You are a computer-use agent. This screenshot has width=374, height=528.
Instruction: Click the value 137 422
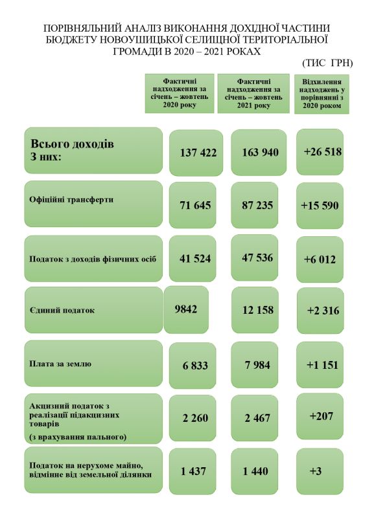pos(198,153)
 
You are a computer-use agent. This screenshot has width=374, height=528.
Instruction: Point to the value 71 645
pos(196,205)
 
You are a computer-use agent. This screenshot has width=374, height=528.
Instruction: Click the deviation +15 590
pos(320,205)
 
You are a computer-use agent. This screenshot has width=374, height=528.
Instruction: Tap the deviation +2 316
pos(323,311)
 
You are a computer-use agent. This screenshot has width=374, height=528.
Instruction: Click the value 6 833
pos(195,366)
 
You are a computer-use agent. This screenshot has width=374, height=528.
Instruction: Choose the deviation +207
pos(321,415)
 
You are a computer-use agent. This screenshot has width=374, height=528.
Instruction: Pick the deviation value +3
pos(316,471)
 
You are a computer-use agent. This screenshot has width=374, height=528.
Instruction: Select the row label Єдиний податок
pos(62,310)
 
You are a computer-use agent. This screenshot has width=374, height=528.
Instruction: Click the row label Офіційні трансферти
pos(71,199)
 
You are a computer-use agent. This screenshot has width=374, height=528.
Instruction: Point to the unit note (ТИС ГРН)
pos(327,63)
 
